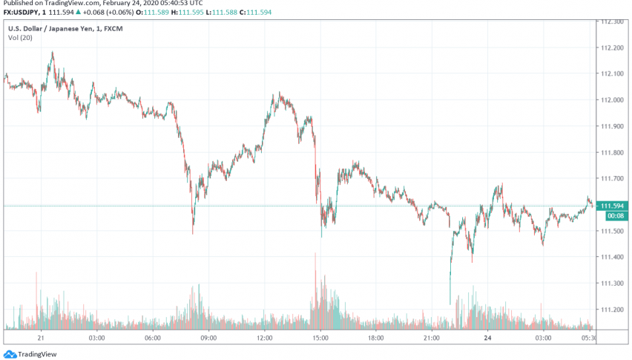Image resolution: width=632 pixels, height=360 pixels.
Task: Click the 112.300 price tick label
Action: (612, 22)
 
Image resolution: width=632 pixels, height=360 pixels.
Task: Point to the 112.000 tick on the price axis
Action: (612, 100)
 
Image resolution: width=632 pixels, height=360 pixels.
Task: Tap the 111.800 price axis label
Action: (612, 153)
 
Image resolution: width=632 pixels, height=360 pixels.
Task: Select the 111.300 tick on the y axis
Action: (612, 284)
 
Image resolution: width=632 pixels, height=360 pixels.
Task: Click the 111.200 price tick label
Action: (612, 310)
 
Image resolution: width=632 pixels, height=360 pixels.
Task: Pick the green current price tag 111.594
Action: (612, 206)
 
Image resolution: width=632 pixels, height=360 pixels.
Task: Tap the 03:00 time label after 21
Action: (96, 337)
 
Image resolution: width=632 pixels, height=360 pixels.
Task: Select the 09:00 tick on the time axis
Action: (208, 337)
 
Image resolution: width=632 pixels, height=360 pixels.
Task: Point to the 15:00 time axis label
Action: (320, 337)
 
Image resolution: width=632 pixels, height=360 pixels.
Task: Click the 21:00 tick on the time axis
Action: (432, 337)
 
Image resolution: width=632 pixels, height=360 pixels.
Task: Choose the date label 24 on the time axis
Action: (487, 337)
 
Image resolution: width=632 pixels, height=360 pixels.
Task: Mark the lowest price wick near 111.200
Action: (450, 303)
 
